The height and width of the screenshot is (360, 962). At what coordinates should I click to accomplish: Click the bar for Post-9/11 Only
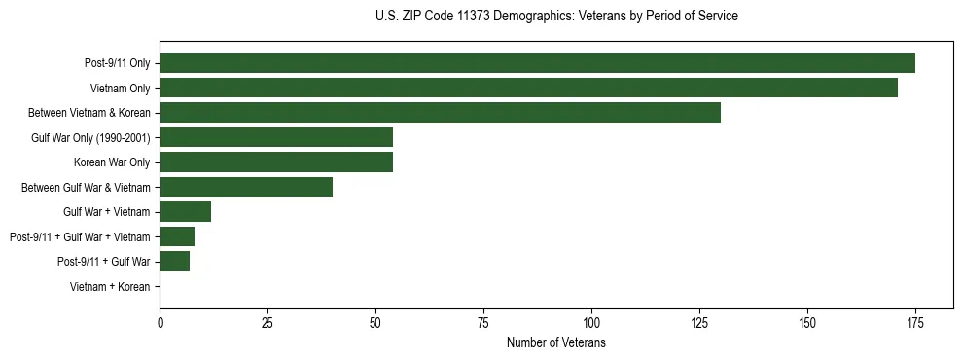pyautogui.click(x=537, y=63)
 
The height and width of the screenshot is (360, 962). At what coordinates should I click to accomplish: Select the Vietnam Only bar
pyautogui.click(x=528, y=88)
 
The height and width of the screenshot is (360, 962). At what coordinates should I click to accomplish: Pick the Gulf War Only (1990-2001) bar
pyautogui.click(x=276, y=137)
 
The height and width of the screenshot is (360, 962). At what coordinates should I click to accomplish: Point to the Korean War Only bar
pyautogui.click(x=276, y=162)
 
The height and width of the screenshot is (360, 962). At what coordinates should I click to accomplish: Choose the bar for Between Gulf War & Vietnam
pyautogui.click(x=246, y=187)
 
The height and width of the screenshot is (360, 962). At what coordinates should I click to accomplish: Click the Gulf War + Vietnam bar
pyautogui.click(x=186, y=212)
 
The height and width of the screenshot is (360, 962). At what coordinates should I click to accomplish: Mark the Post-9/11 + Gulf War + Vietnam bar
pyautogui.click(x=177, y=236)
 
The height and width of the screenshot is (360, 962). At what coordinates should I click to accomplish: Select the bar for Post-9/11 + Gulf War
pyautogui.click(x=175, y=262)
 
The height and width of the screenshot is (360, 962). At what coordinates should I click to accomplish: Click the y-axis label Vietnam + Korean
pyautogui.click(x=110, y=287)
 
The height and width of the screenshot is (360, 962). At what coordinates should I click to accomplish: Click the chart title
pyautogui.click(x=556, y=17)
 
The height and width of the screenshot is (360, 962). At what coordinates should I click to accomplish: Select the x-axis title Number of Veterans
pyautogui.click(x=556, y=343)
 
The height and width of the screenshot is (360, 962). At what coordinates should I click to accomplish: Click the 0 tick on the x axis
pyautogui.click(x=160, y=323)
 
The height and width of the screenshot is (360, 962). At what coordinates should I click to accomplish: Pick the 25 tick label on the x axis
pyautogui.click(x=267, y=323)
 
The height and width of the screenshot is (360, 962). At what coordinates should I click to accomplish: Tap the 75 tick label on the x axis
pyautogui.click(x=483, y=323)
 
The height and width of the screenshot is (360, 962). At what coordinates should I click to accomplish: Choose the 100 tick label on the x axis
pyautogui.click(x=591, y=323)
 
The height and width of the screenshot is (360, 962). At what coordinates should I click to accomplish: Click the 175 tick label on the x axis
pyautogui.click(x=914, y=323)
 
